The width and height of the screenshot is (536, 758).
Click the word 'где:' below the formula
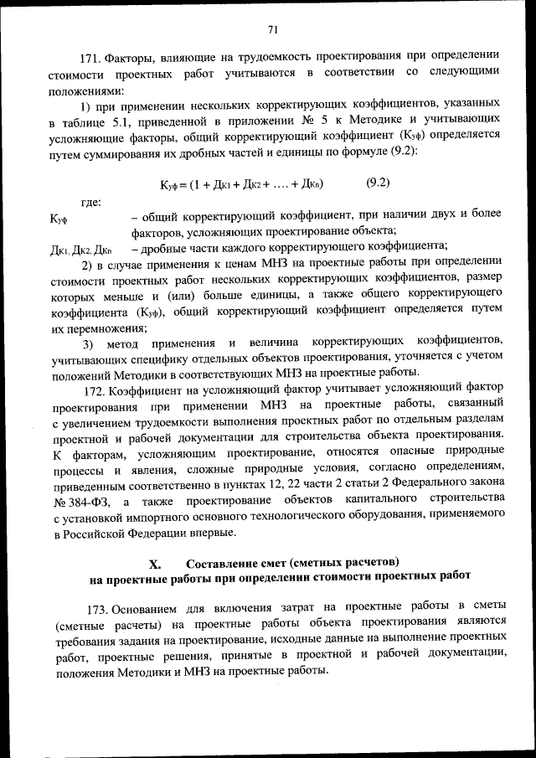point(91,202)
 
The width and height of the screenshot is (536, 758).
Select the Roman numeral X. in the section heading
point(155,563)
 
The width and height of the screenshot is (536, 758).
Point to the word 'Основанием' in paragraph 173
point(147,606)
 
